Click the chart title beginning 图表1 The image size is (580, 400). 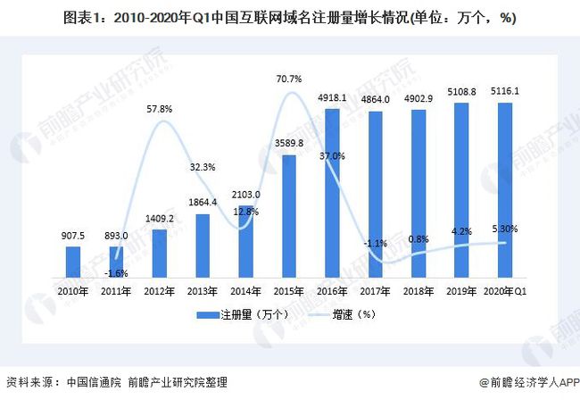click(x=289, y=18)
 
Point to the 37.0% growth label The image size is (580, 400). click(x=332, y=156)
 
